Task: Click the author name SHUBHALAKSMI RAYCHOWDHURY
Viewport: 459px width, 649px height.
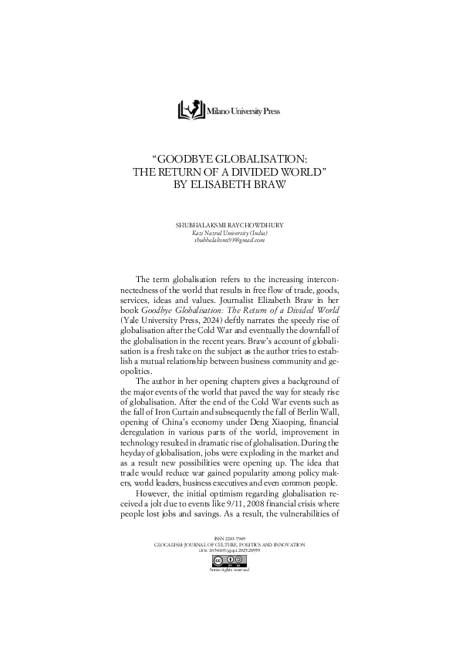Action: coord(229,225)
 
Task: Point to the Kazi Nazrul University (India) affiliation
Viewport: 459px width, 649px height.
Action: coord(229,233)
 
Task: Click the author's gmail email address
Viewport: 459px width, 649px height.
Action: coord(229,240)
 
